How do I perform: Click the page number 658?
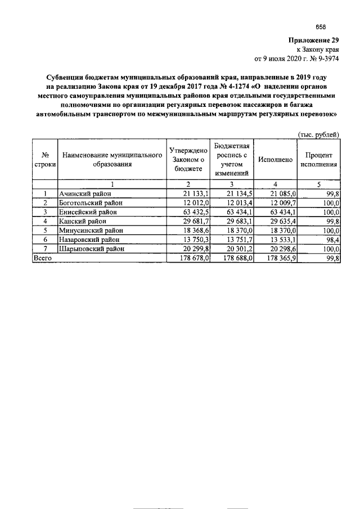[x=321, y=27]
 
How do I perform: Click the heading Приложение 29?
[x=314, y=40]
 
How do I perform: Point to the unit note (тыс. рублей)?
[x=318, y=134]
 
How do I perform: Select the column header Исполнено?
[x=275, y=160]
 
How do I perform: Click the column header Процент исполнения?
[x=318, y=160]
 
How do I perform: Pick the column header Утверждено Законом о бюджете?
[x=188, y=160]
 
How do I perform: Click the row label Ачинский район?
[x=85, y=193]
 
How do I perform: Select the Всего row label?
[x=43, y=257]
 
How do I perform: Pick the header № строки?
[x=45, y=160]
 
